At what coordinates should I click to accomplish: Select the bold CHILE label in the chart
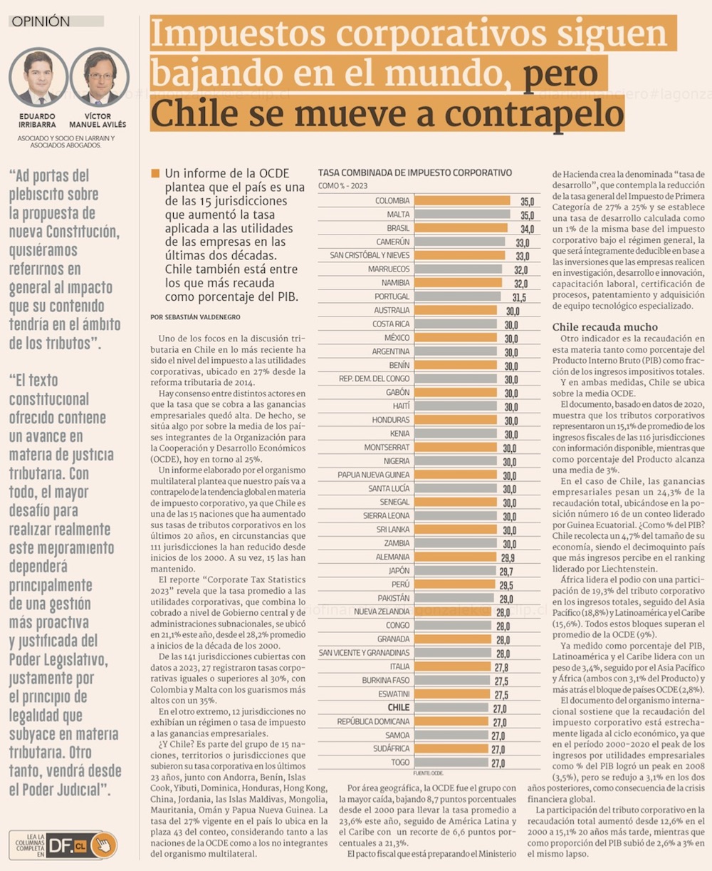tap(398, 707)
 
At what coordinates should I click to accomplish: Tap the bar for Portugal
tap(457, 297)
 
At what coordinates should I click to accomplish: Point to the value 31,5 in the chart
tap(518, 297)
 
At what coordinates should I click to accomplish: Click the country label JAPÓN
tap(399, 570)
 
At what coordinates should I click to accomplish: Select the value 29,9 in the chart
tap(507, 557)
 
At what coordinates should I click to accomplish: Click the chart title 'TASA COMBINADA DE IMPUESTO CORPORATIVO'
tap(415, 172)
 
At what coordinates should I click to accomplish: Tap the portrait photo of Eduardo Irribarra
tap(38, 78)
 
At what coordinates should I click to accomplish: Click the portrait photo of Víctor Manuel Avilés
tap(99, 78)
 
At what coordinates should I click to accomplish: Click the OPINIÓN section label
tap(41, 21)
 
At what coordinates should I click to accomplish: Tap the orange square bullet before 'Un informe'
tap(155, 173)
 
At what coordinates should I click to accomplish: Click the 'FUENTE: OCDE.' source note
tap(427, 773)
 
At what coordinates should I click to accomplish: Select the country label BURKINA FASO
tap(386, 680)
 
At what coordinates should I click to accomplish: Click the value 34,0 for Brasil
tap(527, 229)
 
